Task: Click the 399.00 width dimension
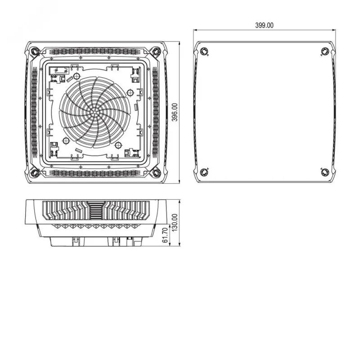[x=264, y=25]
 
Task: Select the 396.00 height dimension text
[x=175, y=112]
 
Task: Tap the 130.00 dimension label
[x=175, y=222]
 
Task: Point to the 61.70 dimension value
[x=165, y=235]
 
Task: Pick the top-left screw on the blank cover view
[x=204, y=51]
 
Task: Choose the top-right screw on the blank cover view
[x=325, y=51]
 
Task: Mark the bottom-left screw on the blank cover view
[x=204, y=172]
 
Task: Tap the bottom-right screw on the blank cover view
[x=325, y=172]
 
